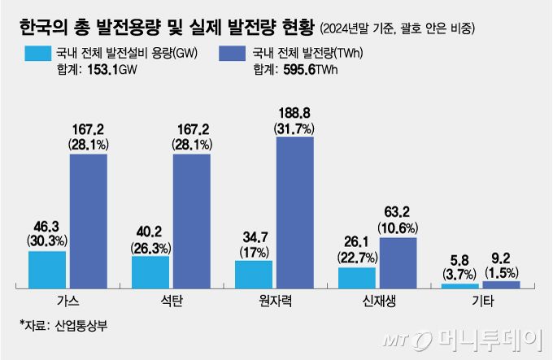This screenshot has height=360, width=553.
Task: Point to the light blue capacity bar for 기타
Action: tap(460, 284)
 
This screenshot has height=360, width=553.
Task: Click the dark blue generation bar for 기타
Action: tap(501, 284)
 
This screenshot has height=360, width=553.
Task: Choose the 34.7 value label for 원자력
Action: tap(253, 236)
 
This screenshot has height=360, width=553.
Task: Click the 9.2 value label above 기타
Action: tap(501, 261)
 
